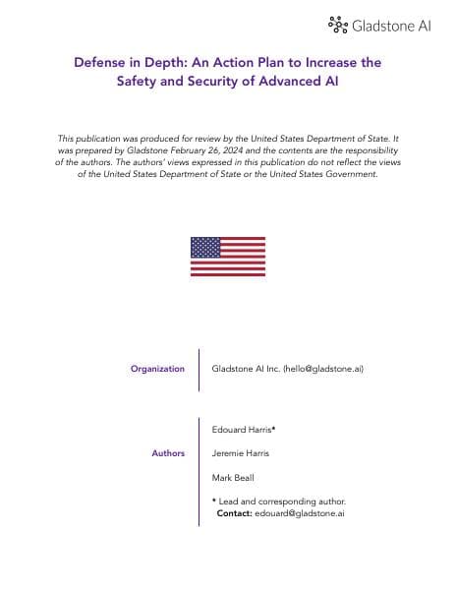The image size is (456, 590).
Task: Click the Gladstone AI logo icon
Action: click(338, 24)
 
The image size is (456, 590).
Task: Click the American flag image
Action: click(228, 256)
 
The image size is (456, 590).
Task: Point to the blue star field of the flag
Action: click(205, 247)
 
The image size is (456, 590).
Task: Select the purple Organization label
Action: click(157, 369)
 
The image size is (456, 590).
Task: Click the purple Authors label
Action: click(168, 453)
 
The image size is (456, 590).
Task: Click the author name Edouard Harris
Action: click(242, 430)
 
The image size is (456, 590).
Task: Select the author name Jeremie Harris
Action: click(242, 453)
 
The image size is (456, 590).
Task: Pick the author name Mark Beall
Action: click(233, 477)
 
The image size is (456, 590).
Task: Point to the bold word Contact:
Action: click(234, 512)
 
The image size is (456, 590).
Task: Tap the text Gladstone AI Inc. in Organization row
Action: click(246, 369)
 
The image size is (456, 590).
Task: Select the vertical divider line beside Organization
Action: click(199, 370)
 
